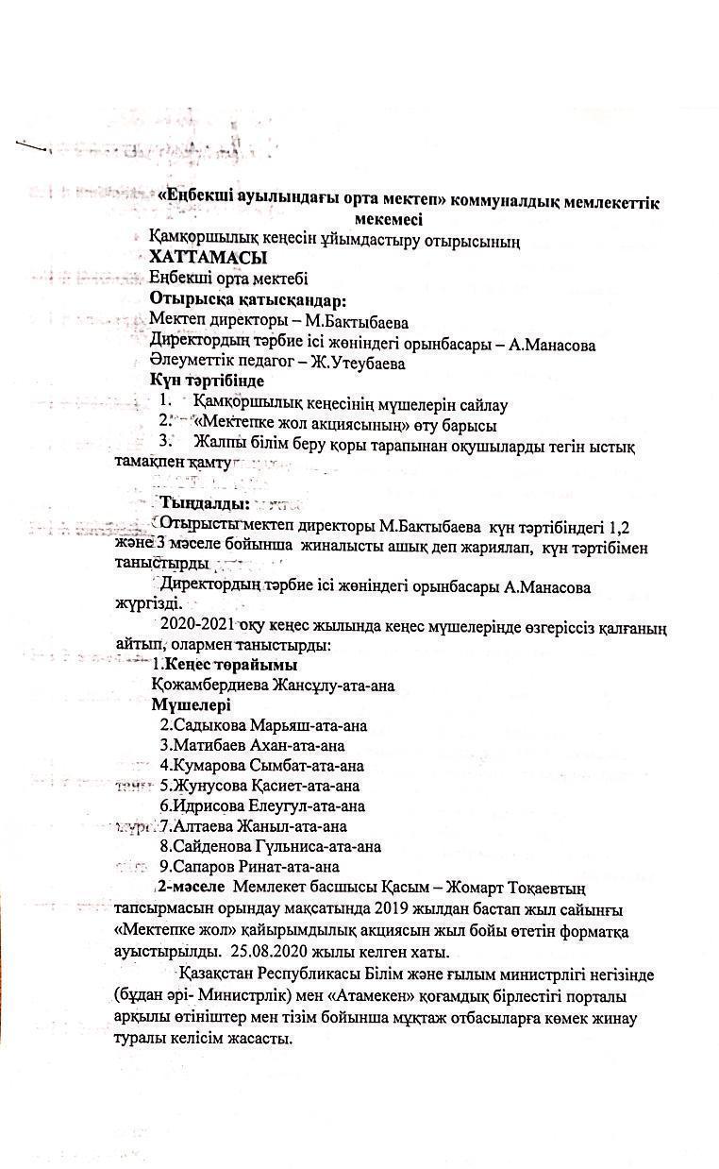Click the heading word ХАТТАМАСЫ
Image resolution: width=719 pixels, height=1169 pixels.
click(208, 257)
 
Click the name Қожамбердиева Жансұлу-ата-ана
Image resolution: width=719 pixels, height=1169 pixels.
click(272, 686)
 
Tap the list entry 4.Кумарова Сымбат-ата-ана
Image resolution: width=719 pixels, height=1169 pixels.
click(261, 766)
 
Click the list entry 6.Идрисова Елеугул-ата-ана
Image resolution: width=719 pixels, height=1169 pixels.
click(261, 806)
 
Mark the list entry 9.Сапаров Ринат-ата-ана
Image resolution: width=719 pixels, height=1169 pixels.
click(249, 866)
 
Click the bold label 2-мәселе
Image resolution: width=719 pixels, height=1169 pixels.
click(191, 888)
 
